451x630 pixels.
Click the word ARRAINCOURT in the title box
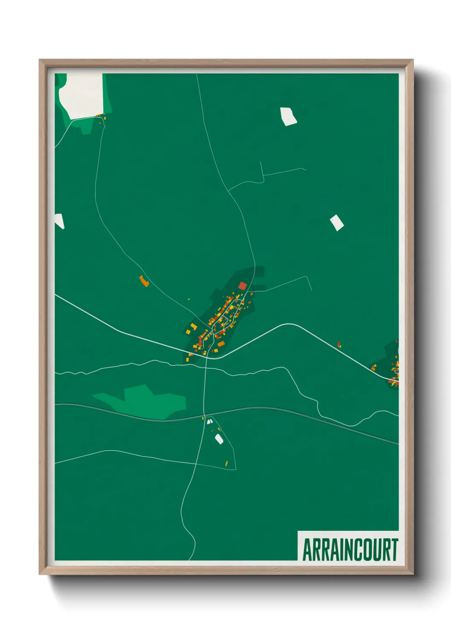tap(350, 550)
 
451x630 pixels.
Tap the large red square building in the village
tap(243, 286)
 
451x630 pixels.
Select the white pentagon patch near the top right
tap(288, 116)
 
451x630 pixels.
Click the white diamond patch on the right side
tap(337, 223)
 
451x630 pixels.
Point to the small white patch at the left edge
tap(59, 221)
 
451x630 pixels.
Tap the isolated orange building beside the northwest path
tap(144, 281)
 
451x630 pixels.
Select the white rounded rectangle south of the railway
tap(219, 439)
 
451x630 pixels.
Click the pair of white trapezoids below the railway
tap(209, 421)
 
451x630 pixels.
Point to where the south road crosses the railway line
tap(205, 415)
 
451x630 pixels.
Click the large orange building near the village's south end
tap(221, 344)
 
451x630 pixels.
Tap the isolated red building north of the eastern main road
tap(339, 344)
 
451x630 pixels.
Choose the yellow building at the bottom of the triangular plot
tap(226, 463)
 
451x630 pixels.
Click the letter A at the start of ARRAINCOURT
tap(307, 550)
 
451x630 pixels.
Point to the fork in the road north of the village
tap(229, 191)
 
